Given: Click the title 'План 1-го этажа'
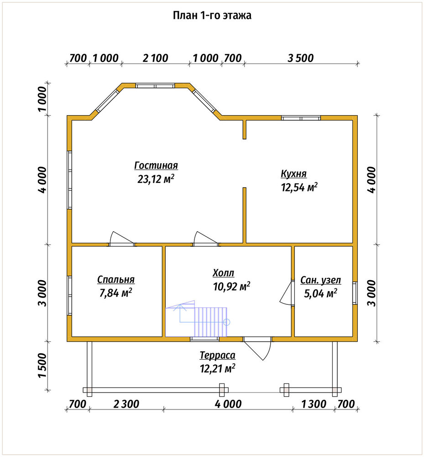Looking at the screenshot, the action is pos(212,15).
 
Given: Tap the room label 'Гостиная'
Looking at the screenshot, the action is pos(156,165).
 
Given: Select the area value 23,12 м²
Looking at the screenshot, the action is pos(156,179).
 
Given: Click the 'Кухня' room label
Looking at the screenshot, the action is pos(293,174).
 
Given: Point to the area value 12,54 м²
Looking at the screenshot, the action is pos(299,187).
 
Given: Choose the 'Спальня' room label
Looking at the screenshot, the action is pos(116,280).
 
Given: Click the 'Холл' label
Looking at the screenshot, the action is pos(223,273).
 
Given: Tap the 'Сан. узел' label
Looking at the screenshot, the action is pos(320,280).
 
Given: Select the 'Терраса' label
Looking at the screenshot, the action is pos(217,356).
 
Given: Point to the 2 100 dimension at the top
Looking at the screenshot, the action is pos(155,58).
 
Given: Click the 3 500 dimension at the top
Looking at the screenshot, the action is pos(301,58).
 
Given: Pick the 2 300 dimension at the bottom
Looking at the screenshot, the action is pos(126,404).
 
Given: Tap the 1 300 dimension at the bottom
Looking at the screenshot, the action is pos(314,404).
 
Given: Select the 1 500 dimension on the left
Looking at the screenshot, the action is pos(42,366).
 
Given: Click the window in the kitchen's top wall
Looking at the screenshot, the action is pos(301,118).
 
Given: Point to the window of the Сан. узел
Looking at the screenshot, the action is pos(355,293).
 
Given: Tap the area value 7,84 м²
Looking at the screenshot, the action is pos(116,292).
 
